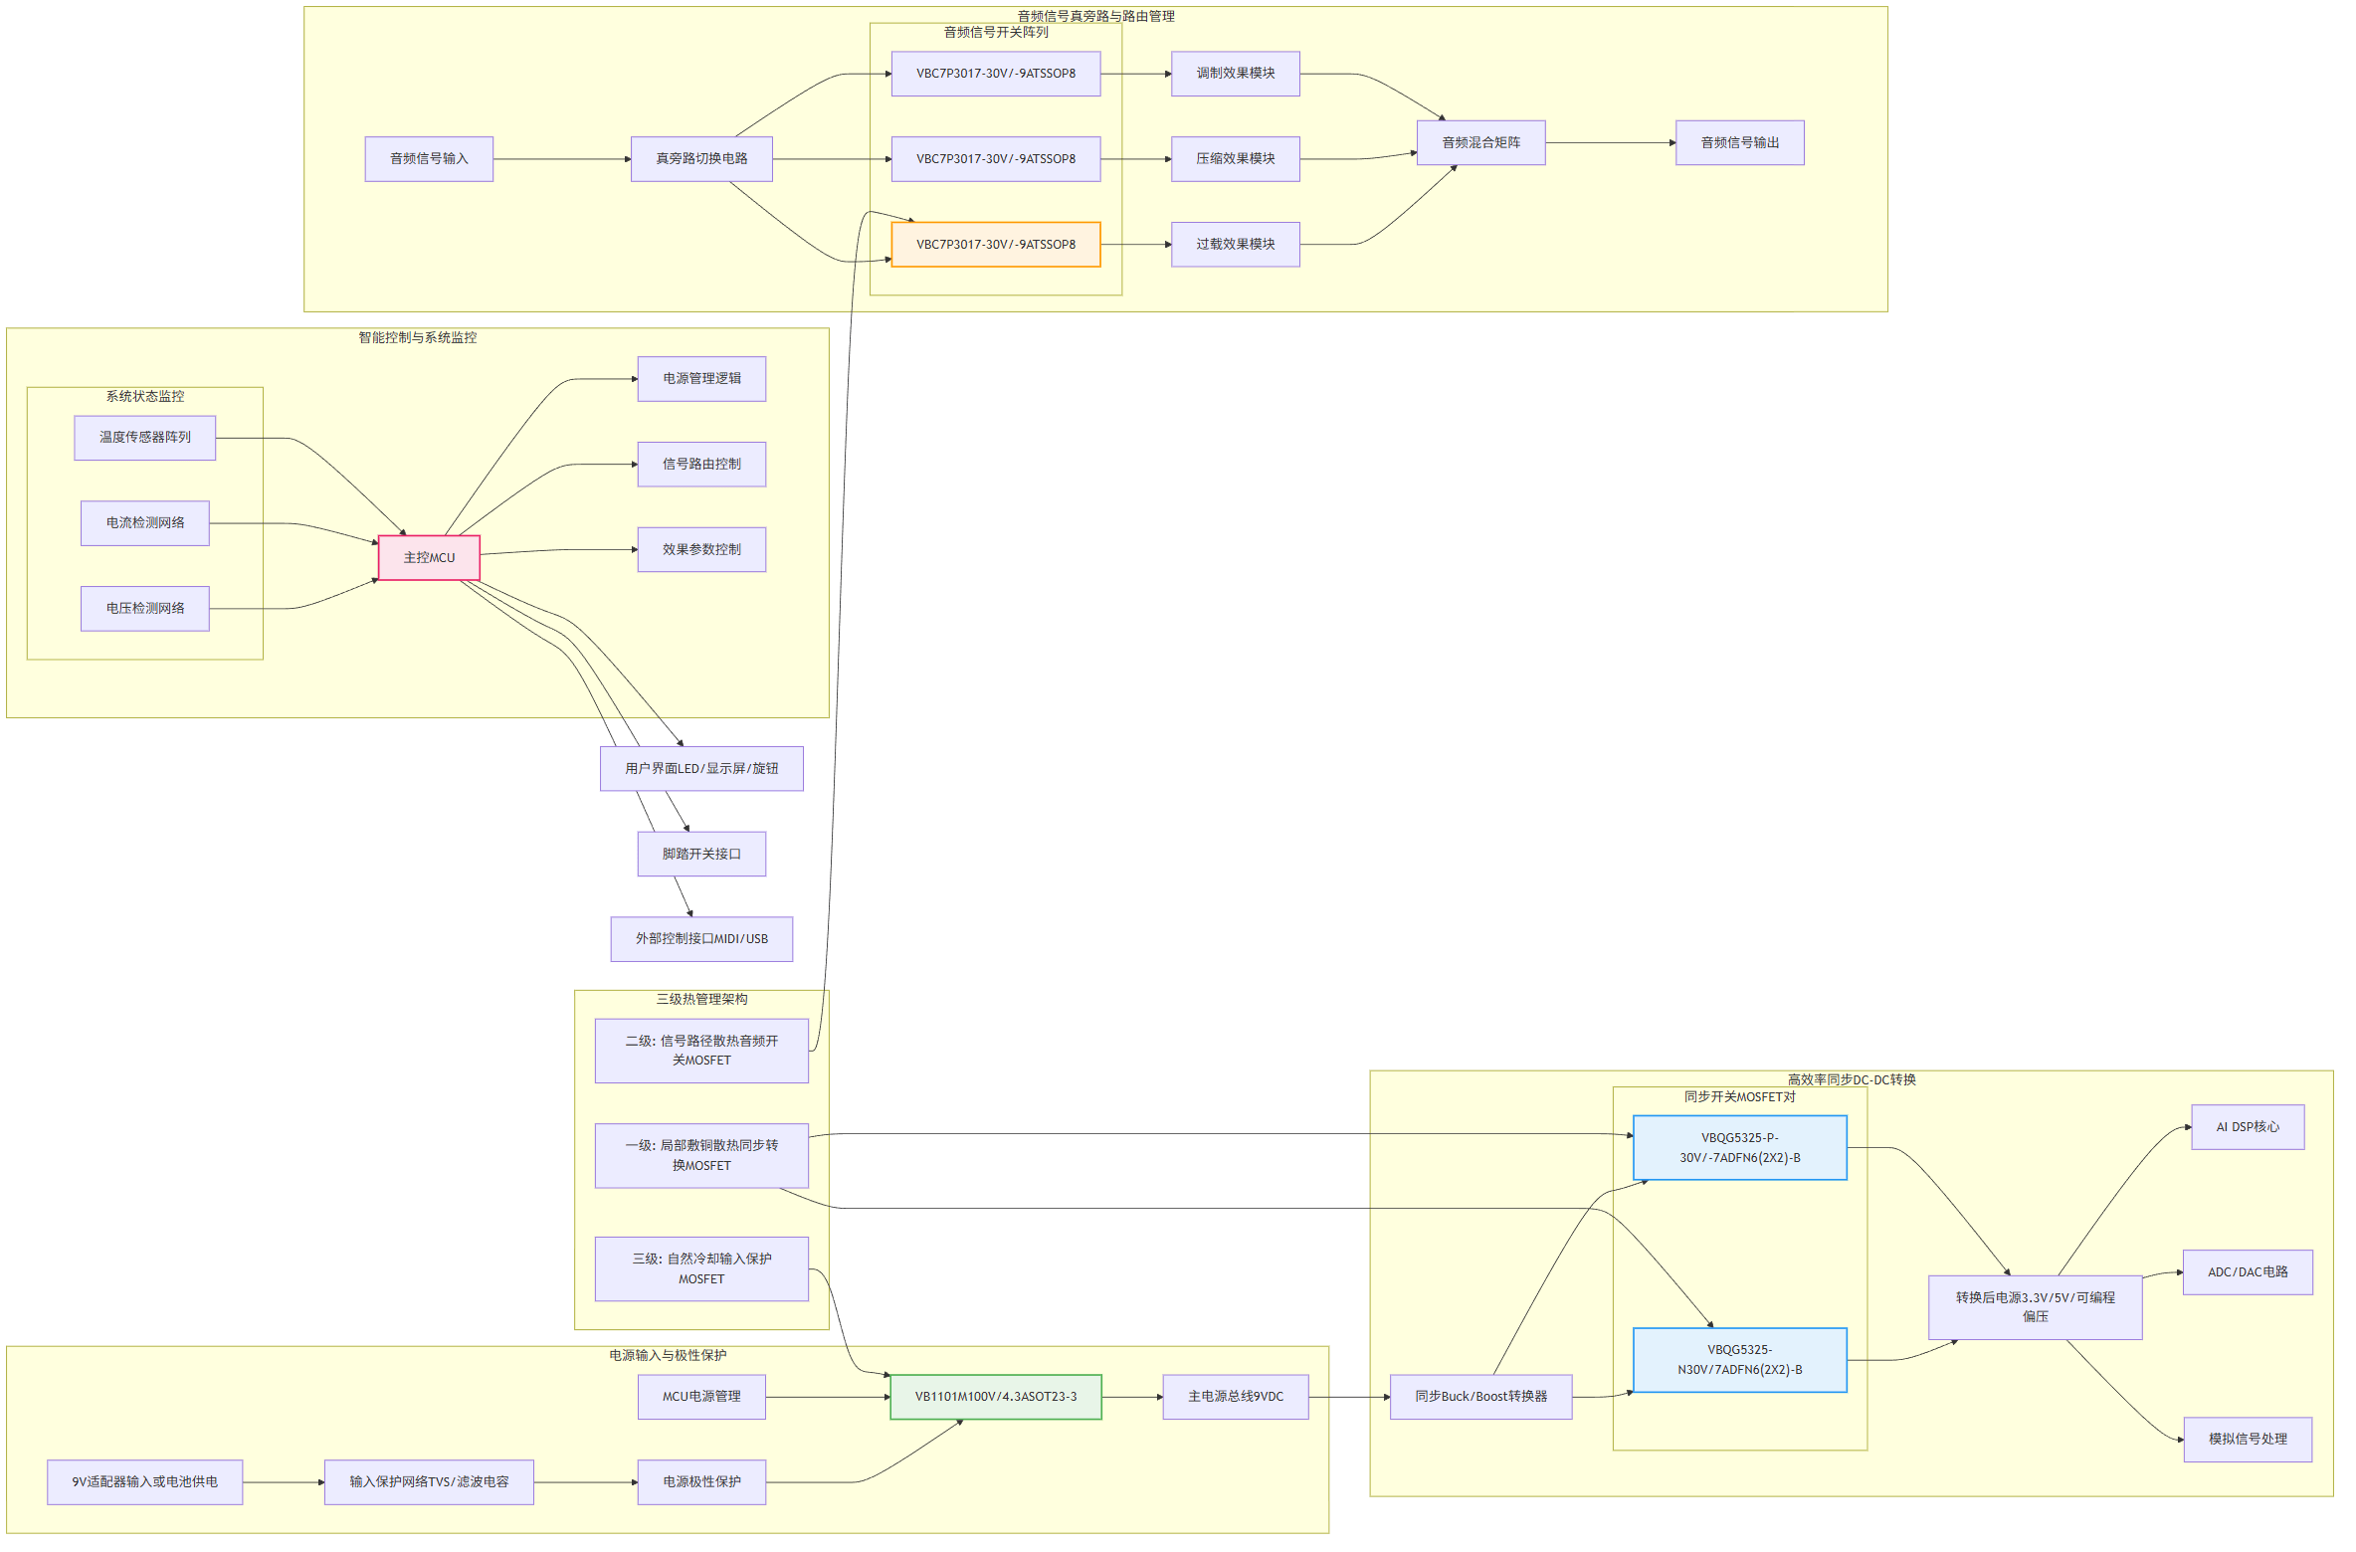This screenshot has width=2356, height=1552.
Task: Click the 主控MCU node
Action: click(429, 558)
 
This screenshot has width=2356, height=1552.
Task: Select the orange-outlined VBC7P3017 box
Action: click(995, 245)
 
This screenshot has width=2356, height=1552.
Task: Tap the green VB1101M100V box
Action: click(995, 1397)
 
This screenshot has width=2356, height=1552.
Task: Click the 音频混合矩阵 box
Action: click(1480, 143)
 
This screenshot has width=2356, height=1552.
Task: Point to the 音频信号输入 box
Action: click(429, 159)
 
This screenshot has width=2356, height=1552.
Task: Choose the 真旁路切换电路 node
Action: click(701, 159)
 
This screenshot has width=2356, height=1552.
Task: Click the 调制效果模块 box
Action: click(1235, 74)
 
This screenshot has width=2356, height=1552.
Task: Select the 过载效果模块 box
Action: click(1235, 245)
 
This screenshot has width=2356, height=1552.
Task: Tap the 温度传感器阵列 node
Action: click(145, 438)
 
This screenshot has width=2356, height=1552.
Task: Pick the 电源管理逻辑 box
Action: click(701, 379)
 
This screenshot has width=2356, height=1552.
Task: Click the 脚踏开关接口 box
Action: click(701, 854)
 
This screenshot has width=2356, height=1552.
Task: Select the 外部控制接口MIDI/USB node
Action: click(701, 939)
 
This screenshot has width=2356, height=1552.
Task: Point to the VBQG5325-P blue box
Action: click(1739, 1148)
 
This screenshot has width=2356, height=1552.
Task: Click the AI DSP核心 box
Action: click(2247, 1127)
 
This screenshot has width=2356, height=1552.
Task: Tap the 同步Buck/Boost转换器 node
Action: click(1480, 1397)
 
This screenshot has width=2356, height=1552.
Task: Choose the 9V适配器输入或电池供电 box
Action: click(145, 1482)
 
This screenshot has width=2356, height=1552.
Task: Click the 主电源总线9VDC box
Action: click(1235, 1397)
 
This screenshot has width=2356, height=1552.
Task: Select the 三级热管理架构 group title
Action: click(701, 1000)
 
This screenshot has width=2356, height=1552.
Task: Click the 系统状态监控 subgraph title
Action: click(145, 397)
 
